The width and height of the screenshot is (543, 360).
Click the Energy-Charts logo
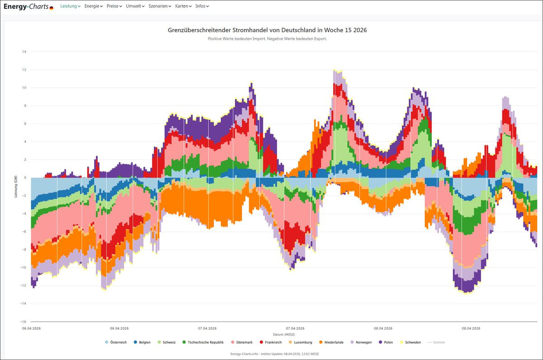coord(28,7)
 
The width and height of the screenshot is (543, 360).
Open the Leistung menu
coord(70,6)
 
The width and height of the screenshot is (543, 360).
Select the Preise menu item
coord(114,6)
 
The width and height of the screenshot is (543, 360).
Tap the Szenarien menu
coord(160,6)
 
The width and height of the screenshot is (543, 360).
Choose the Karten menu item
coord(183,6)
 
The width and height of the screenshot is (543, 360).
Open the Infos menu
coord(202,6)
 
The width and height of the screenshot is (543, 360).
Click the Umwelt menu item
coord(135,6)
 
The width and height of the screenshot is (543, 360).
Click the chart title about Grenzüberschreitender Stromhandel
coord(267,30)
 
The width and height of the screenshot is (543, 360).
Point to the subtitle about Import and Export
coord(267,39)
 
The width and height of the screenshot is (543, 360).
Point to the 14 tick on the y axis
coord(24,52)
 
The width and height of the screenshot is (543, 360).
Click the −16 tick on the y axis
coord(24,322)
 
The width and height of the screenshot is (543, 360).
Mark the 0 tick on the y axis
coord(25,178)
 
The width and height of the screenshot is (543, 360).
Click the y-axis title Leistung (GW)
coord(15,187)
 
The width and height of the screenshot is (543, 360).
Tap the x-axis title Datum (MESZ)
coord(284,334)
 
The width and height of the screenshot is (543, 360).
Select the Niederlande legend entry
coord(334,342)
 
